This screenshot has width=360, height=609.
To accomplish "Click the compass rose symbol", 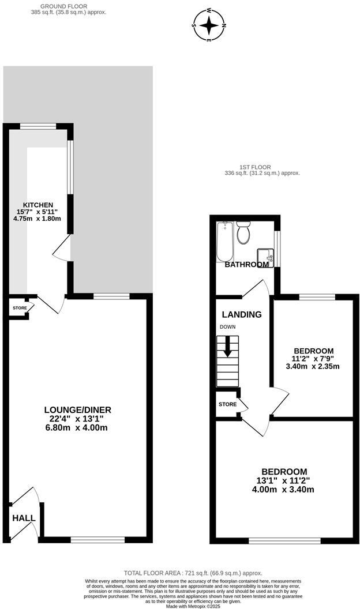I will coord(209,25).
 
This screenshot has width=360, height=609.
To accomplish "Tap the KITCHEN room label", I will coord(38,205).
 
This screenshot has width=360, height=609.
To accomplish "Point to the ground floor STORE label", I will coord(20,308).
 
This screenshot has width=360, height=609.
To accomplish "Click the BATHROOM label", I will coord(246,265).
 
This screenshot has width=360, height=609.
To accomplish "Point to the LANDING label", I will coord(242,315).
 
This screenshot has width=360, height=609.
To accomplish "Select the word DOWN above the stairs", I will coord(227,326).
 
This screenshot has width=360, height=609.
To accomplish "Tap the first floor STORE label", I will coord(228,404).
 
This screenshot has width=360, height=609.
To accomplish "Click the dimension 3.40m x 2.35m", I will coord(313,366).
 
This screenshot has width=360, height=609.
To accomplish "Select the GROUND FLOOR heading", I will coord(68,6).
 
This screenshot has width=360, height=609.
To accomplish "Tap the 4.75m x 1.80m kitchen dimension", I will coord(38,219).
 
